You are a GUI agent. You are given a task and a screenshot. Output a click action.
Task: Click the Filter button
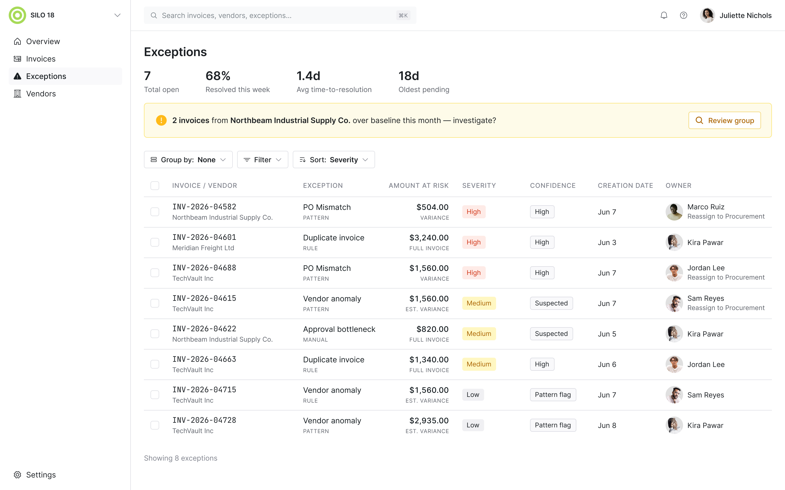[x=262, y=160]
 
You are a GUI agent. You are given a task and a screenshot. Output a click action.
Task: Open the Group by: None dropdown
[x=188, y=160]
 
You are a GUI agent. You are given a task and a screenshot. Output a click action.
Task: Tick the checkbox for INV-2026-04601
[x=155, y=242]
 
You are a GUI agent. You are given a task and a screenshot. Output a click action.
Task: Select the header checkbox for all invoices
[x=155, y=186]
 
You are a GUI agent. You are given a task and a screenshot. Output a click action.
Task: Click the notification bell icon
[x=664, y=15]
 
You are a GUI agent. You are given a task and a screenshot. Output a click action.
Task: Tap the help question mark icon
[x=684, y=15]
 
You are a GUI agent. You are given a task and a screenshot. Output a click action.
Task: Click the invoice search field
[x=280, y=15]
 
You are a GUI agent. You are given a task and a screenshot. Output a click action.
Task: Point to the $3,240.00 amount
[x=429, y=238]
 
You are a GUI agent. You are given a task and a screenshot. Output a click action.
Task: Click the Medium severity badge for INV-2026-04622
[x=479, y=334]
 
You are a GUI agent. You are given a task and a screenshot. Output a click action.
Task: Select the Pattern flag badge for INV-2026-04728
[x=553, y=425]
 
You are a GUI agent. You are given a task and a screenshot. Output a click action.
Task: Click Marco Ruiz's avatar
[x=674, y=212]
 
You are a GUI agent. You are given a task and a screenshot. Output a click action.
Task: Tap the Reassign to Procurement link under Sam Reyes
[x=726, y=308]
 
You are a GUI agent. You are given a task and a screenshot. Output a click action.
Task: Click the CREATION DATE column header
[x=625, y=186]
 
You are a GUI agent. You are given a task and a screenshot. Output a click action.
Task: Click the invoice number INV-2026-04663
[x=204, y=359]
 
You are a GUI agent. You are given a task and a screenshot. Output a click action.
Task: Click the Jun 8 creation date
[x=606, y=425]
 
